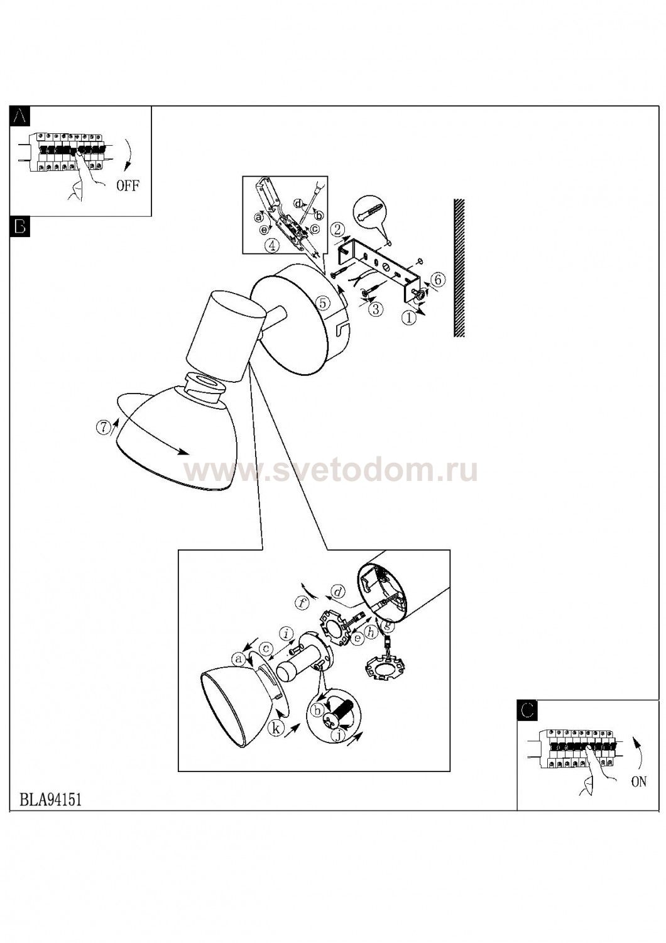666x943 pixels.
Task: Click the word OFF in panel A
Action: point(128,185)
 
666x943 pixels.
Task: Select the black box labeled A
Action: point(19,116)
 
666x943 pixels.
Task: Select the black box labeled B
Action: point(19,226)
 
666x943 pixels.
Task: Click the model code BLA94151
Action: point(50,800)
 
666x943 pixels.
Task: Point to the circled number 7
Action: point(102,427)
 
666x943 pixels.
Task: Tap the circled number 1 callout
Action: point(408,318)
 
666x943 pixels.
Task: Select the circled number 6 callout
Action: point(437,278)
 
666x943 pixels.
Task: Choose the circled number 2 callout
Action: point(337,229)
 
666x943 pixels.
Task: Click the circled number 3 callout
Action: point(376,309)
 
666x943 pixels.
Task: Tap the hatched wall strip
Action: point(460,268)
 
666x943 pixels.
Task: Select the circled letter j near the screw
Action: point(337,736)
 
